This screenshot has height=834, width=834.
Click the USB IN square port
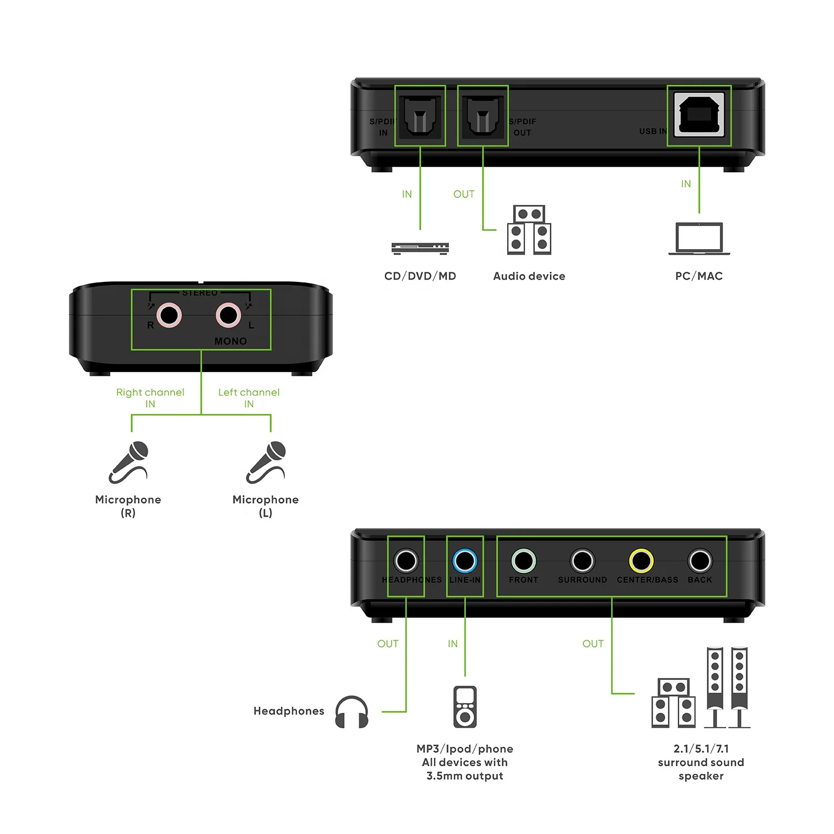pos(699,115)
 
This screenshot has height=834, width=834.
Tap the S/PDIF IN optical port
pos(420,116)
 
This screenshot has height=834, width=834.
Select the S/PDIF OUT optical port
pos(483,116)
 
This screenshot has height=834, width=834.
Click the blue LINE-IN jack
pos(464,561)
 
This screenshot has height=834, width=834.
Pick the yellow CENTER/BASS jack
pos(641,561)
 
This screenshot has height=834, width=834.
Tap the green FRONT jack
pos(523,561)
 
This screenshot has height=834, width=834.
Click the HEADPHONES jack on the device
pos(406,561)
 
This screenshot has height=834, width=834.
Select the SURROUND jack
pos(582,561)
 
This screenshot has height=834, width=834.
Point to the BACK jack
pos(699,561)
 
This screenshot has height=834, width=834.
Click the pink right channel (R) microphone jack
pos(169,315)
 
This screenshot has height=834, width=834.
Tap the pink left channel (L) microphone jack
pos(228,315)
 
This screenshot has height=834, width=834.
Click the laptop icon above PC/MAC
pos(699,239)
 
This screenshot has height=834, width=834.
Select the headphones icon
pos(351,712)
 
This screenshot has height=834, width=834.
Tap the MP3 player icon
pos(465,707)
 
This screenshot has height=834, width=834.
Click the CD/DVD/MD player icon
pos(420,248)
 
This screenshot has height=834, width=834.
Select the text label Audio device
pos(529,276)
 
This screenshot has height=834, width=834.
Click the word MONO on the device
pos(230,341)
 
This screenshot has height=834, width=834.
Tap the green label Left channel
pos(249,392)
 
